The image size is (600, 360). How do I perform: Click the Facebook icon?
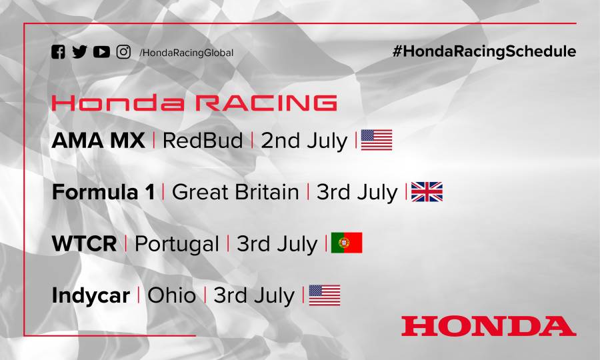(x=59, y=52)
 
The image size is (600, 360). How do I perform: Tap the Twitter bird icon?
(x=79, y=52)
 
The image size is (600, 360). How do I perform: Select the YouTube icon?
(x=101, y=52)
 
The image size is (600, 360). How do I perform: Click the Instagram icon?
(x=123, y=52)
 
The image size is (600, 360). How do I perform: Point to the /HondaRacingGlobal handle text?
(x=187, y=53)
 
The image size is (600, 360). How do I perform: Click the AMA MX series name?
(x=97, y=141)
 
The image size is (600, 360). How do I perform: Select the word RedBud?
(x=203, y=141)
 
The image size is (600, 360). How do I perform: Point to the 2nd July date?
(x=304, y=141)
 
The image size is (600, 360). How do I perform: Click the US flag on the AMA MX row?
(x=377, y=140)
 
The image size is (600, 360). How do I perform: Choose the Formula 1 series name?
(x=103, y=192)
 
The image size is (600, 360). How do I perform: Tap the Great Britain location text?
(x=235, y=192)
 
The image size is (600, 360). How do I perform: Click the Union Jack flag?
(x=427, y=192)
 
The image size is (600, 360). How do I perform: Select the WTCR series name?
(x=84, y=243)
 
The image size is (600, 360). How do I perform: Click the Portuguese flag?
(x=347, y=243)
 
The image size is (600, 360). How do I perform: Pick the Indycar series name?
(x=91, y=295)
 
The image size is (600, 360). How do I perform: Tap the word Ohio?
(x=171, y=295)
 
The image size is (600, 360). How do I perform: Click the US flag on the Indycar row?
(x=325, y=295)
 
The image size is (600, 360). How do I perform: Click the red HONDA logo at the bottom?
(x=488, y=326)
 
